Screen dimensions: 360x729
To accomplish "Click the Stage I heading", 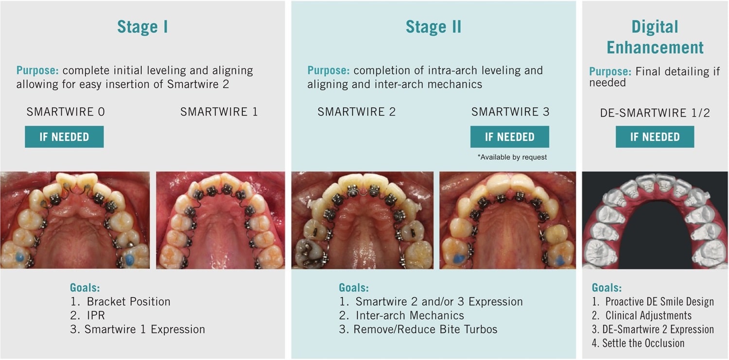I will click(x=142, y=27).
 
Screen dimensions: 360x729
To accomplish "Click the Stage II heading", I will click(x=433, y=27).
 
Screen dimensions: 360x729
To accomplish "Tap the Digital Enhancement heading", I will click(x=655, y=37).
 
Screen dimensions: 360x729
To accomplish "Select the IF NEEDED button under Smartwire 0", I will click(x=64, y=137).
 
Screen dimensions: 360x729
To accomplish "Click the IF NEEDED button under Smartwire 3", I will click(x=509, y=137).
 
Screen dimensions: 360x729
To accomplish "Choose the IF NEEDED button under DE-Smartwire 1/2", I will click(x=655, y=137).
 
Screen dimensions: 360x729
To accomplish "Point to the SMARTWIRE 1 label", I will click(x=219, y=112).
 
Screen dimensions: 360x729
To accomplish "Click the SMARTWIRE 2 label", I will click(x=356, y=112).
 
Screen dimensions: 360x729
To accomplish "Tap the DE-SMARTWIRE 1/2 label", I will click(x=655, y=113).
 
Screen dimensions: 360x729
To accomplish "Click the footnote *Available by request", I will click(x=512, y=157).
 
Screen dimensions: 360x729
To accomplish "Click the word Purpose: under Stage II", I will click(x=328, y=70).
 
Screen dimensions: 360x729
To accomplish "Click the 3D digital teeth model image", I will click(x=655, y=220).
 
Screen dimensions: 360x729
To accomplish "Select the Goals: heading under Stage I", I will click(x=85, y=288).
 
